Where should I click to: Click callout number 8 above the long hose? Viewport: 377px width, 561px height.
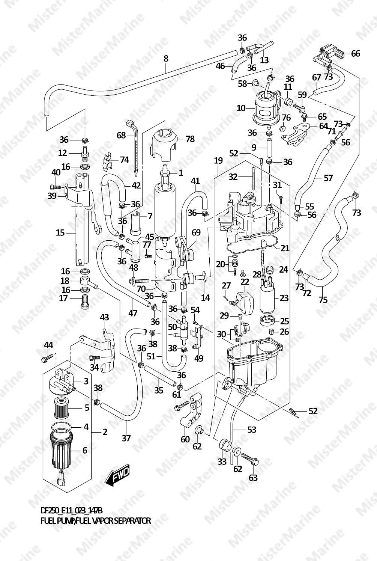coord(166,59)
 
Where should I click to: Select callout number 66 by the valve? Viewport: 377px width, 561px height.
coord(355,54)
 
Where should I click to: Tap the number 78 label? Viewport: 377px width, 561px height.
coord(190,139)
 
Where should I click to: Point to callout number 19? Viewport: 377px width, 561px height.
coord(218,160)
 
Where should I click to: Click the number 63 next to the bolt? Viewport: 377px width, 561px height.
coord(253,478)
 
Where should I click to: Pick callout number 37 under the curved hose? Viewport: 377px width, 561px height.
coord(126,437)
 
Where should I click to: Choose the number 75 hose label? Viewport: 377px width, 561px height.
coord(323,300)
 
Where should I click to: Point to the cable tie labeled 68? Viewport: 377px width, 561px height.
coord(135,146)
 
